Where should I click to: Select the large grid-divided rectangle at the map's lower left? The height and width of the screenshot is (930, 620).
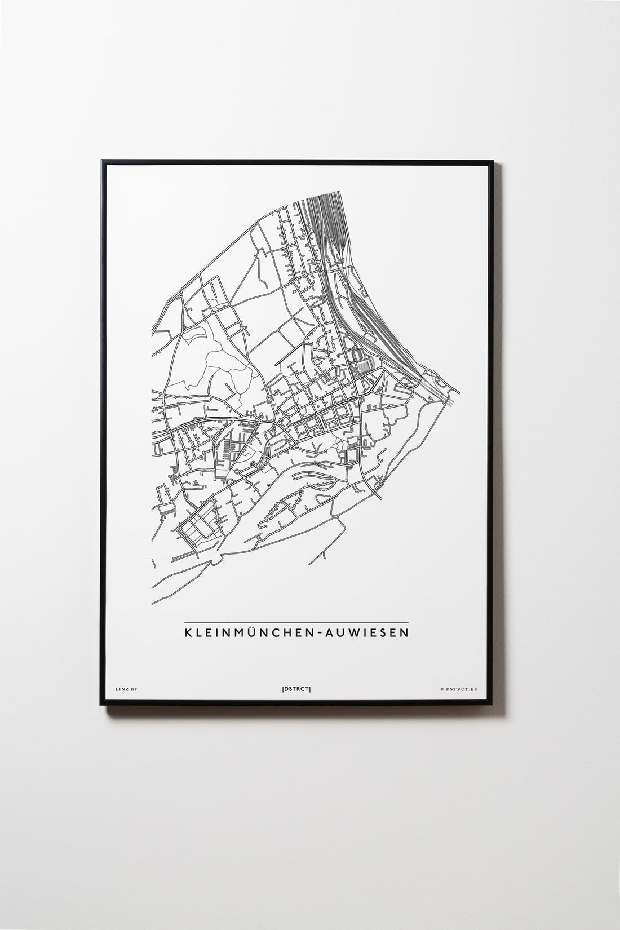coord(197,527)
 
